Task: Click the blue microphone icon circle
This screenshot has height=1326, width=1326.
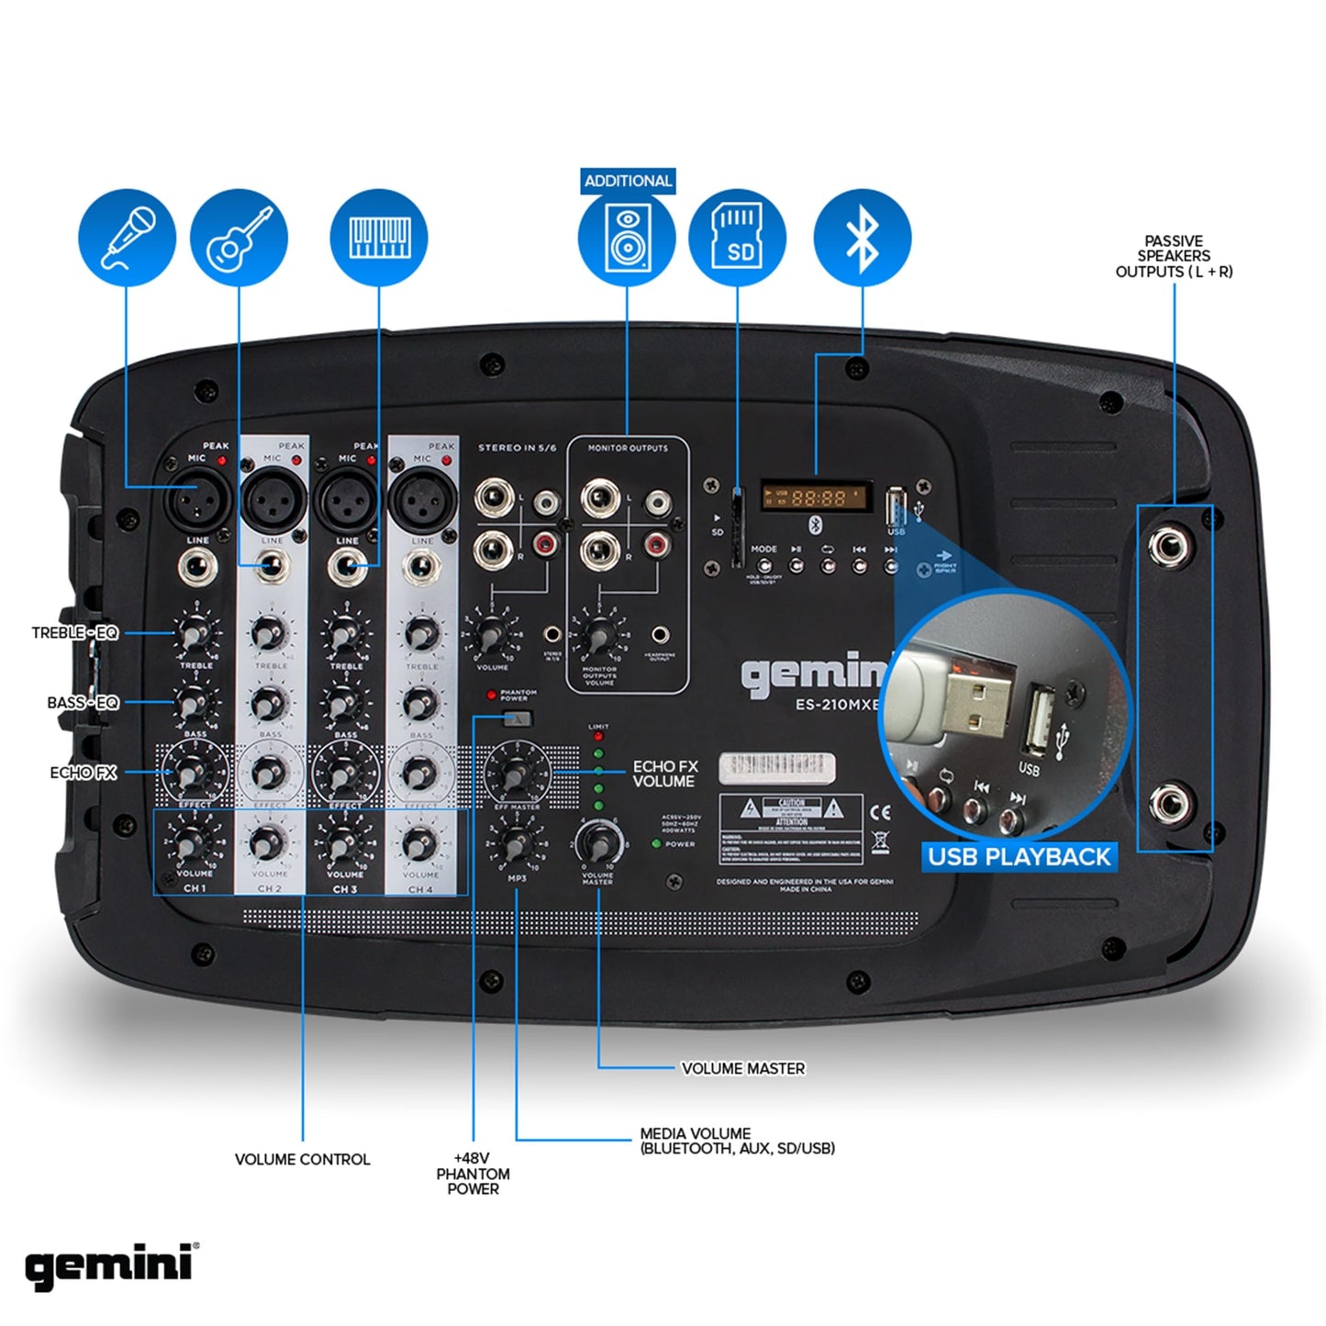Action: coord(127,237)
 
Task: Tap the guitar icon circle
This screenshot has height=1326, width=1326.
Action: coord(239,237)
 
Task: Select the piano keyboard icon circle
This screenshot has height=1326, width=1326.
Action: coord(378,237)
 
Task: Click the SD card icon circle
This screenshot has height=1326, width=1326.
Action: coord(738,237)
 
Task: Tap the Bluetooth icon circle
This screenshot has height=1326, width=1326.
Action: coord(863,237)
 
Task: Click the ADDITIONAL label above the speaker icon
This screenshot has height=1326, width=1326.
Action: coord(628,181)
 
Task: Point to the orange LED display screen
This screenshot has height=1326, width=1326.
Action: coord(815,497)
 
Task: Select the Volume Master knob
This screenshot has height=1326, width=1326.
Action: coord(598,841)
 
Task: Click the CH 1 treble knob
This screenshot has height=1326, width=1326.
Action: coord(195,633)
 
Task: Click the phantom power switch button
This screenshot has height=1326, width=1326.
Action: coord(518,719)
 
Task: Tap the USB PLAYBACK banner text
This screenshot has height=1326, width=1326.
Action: coord(1019,857)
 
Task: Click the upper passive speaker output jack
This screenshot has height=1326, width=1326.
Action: coord(1171,548)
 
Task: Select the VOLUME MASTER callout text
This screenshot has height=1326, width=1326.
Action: coord(742,1068)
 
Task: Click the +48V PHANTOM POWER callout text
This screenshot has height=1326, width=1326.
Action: coord(473,1174)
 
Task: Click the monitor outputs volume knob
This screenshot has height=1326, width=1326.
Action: coord(599,634)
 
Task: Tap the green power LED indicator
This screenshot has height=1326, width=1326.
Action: coord(656,843)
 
